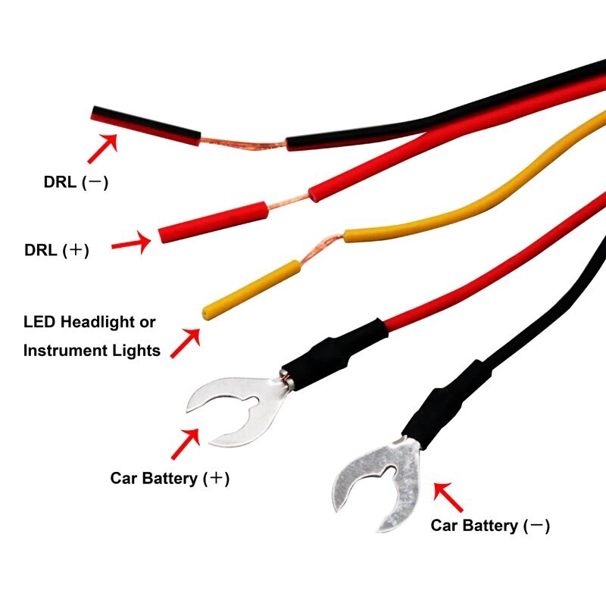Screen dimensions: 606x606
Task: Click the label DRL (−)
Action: pyautogui.click(x=76, y=183)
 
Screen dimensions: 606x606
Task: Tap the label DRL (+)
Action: pyautogui.click(x=57, y=250)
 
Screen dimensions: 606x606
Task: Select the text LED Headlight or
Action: pyautogui.click(x=89, y=322)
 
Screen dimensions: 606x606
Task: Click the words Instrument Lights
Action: pyautogui.click(x=92, y=350)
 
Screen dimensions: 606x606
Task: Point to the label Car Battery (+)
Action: pyautogui.click(x=170, y=479)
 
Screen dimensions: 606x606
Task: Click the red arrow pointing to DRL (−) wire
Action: pyautogui.click(x=103, y=148)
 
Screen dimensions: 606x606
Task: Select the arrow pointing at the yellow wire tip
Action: pyautogui.click(x=186, y=342)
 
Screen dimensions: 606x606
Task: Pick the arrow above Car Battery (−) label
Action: pyautogui.click(x=448, y=497)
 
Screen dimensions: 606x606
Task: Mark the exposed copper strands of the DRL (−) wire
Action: pyautogui.click(x=242, y=144)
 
